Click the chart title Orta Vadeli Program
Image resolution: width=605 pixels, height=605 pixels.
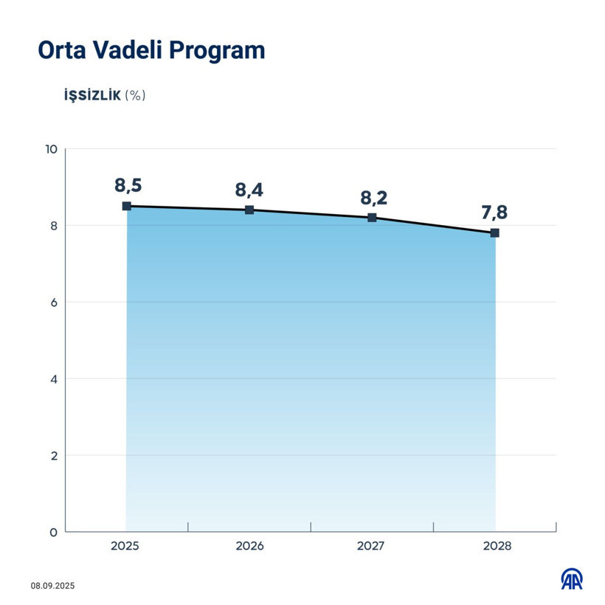[151, 50]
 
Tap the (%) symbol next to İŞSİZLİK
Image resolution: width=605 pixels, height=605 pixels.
[136, 95]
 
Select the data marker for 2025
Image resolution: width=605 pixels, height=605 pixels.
[127, 207]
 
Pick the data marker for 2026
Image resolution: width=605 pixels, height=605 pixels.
[249, 210]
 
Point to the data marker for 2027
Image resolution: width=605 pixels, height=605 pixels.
[372, 218]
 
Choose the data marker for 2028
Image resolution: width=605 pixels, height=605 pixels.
[494, 233]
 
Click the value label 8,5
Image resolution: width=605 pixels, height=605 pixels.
[127, 185]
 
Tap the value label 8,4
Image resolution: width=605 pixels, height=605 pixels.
[249, 190]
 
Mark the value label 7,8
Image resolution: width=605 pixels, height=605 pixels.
[494, 212]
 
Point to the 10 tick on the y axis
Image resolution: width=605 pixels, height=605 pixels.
[51, 149]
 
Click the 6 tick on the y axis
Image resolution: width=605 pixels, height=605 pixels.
[53, 302]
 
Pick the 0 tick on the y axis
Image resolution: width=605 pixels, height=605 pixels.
[53, 532]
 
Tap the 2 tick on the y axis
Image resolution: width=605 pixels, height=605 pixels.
[53, 455]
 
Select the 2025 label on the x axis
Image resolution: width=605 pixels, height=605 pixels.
[127, 547]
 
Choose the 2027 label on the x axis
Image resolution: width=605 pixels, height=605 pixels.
[372, 547]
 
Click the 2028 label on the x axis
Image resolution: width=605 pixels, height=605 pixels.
[494, 547]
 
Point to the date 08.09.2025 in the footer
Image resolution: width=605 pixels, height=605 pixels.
[52, 586]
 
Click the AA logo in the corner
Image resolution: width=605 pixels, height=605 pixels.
[571, 580]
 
